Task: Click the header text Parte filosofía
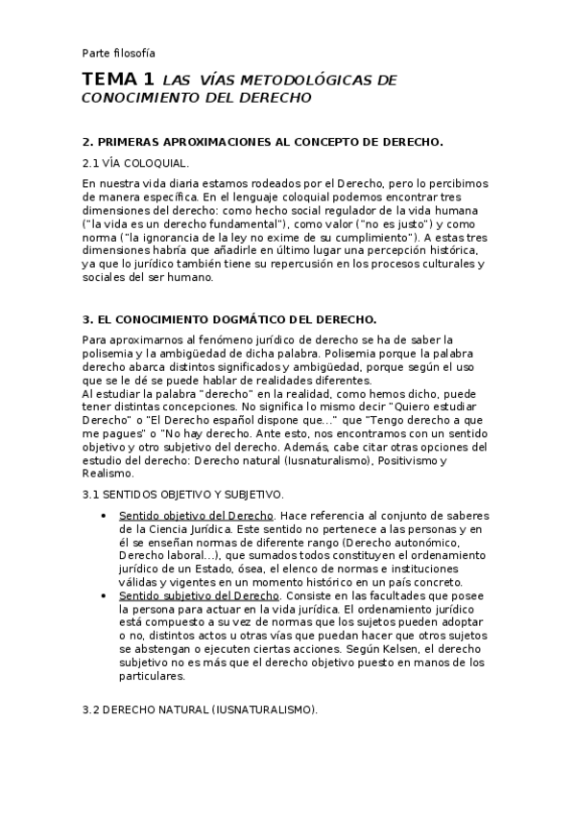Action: [118, 53]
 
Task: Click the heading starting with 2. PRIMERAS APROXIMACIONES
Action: [262, 141]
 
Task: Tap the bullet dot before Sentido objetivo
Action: [103, 517]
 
